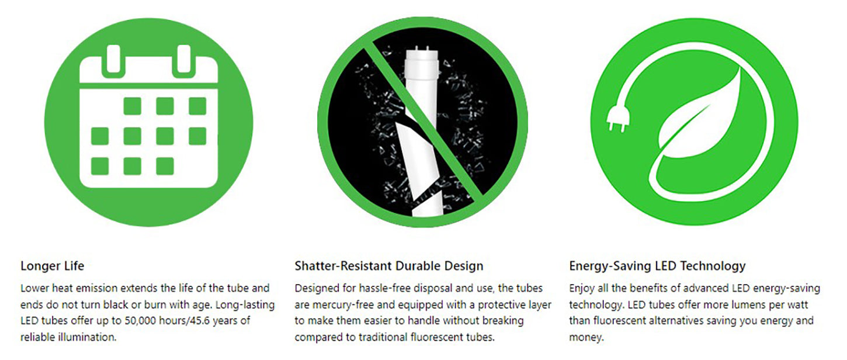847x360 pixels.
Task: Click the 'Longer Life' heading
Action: (x=52, y=266)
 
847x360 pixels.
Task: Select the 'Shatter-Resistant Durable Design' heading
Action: (x=388, y=266)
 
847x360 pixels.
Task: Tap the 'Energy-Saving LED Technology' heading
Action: (x=657, y=266)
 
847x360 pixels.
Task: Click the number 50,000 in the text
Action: (x=140, y=321)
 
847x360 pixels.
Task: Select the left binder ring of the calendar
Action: (x=113, y=60)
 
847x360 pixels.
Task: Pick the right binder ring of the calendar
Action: (x=184, y=60)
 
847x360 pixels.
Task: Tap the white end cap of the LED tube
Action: (x=422, y=63)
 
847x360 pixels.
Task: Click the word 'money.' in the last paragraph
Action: (x=586, y=337)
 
